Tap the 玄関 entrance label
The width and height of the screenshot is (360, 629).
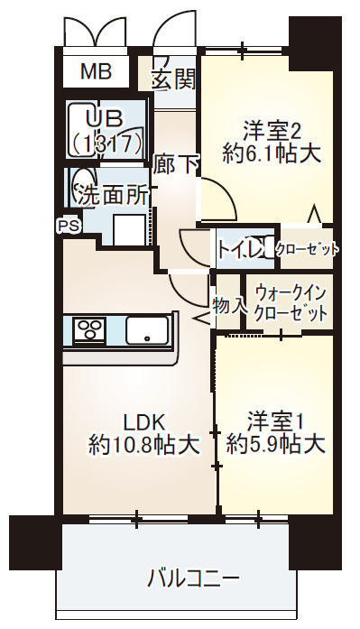tap(173, 79)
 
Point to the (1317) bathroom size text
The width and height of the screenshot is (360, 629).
tap(106, 142)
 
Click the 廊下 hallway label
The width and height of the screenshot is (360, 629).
tap(175, 164)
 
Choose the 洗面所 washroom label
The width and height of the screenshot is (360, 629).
tap(112, 194)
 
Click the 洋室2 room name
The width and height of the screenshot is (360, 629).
tap(270, 126)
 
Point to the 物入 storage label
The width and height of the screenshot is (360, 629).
tap(229, 303)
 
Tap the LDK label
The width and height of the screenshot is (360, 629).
tap(143, 421)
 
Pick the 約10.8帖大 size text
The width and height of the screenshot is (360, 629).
tap(143, 444)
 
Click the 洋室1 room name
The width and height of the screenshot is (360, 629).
tap(275, 421)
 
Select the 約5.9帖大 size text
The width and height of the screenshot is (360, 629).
tap(275, 444)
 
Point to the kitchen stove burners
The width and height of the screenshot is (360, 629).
tap(88, 330)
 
